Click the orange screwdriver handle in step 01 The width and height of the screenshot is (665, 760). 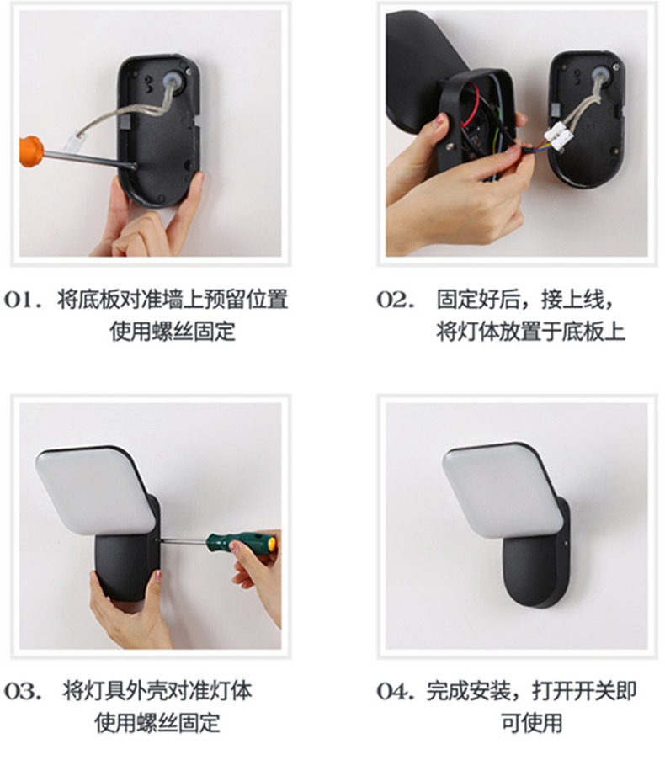tap(31, 151)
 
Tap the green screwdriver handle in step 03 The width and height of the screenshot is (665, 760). tap(242, 544)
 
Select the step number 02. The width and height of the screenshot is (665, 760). tap(396, 300)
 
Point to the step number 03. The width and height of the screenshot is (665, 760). tap(24, 691)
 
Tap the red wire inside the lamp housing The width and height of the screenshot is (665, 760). tap(471, 107)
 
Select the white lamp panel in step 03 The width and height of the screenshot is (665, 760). tap(94, 491)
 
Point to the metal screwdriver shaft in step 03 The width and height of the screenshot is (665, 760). tap(184, 540)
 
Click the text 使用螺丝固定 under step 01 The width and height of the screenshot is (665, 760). tap(173, 332)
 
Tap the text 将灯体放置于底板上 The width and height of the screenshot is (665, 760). tap(531, 332)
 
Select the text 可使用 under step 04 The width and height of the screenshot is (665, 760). tap(532, 723)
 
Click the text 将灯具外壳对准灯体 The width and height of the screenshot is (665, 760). tap(157, 691)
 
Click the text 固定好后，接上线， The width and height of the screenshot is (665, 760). tap(526, 300)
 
